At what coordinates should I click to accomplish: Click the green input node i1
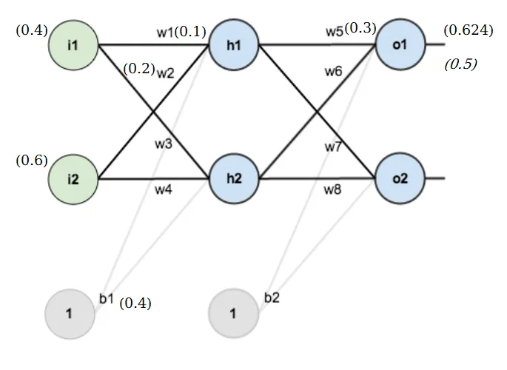click(x=73, y=46)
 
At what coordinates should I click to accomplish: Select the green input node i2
click(x=73, y=179)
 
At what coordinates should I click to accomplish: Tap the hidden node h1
click(x=234, y=46)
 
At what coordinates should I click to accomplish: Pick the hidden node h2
click(x=234, y=179)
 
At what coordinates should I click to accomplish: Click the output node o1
click(x=400, y=46)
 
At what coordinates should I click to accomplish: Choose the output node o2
click(x=400, y=179)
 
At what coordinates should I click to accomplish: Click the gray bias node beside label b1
click(x=70, y=313)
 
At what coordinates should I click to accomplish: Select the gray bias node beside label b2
click(x=232, y=313)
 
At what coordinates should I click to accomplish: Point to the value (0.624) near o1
click(x=468, y=30)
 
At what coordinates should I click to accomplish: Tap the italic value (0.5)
click(x=460, y=64)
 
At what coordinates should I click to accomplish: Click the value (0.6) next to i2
click(x=31, y=161)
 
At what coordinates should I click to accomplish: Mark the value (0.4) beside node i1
click(x=31, y=30)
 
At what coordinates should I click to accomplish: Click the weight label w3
click(x=164, y=144)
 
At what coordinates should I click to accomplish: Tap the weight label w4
click(x=164, y=190)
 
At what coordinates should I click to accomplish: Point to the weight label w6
click(x=333, y=72)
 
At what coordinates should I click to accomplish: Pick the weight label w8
click(x=333, y=190)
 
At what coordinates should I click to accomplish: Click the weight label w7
click(x=333, y=147)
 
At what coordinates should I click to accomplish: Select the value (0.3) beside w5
click(x=361, y=28)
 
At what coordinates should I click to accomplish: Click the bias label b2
click(x=272, y=297)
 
